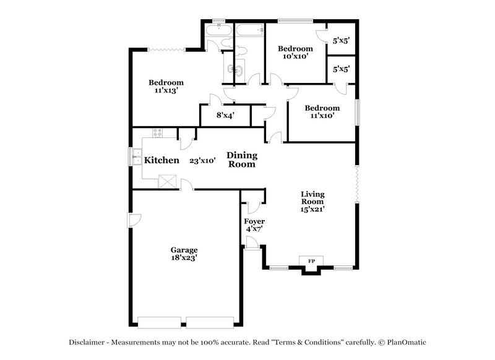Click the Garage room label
pos(184,250)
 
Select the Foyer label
pos(254,221)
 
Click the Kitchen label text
pos(161,160)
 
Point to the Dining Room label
pos(241,160)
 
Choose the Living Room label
pos(312,197)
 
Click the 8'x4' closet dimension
pos(225,115)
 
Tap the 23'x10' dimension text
pos(202,160)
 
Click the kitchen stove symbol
pos(157,132)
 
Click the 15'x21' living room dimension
pos(312,209)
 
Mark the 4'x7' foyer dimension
pos(254,229)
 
